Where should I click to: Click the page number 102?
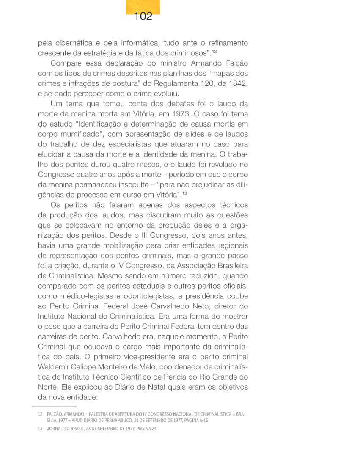pos(143,17)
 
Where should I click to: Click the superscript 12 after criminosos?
pos(214,52)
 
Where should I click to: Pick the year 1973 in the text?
pos(183,114)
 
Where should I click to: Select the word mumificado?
pos(79,135)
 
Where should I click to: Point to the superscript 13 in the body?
pos(185,193)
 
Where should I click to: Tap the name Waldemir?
pos(55,367)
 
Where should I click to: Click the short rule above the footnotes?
pos(57,407)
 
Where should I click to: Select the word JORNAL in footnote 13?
pos(55,429)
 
